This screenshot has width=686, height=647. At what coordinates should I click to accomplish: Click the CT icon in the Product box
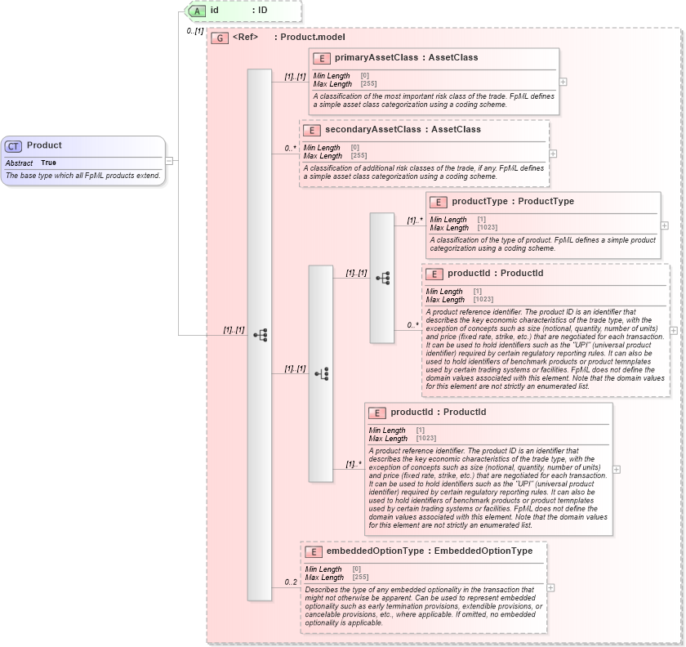(13, 146)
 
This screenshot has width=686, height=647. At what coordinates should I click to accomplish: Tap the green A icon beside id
(197, 11)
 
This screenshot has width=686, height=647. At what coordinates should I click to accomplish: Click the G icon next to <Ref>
(219, 38)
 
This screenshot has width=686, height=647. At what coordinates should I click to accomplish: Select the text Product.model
(310, 38)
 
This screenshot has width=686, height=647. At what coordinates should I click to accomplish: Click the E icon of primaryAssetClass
(322, 58)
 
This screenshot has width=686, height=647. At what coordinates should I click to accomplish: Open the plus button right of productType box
(664, 225)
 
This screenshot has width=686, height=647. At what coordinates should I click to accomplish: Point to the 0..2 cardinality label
(291, 582)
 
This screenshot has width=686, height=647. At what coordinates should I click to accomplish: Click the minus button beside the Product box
(169, 161)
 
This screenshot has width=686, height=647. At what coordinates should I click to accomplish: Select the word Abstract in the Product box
(20, 163)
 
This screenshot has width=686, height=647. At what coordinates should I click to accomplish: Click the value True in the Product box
(49, 163)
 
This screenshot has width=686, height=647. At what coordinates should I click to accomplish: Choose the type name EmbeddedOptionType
(483, 551)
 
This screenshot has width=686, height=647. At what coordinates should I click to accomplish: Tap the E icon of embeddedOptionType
(312, 551)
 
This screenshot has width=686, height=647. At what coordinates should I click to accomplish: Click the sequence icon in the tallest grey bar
(260, 335)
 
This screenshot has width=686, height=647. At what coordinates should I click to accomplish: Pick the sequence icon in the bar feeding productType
(382, 278)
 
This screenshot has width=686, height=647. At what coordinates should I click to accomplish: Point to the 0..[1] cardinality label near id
(194, 31)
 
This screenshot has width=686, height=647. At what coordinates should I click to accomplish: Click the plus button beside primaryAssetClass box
(563, 82)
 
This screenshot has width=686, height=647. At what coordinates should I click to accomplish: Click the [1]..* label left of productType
(415, 221)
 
